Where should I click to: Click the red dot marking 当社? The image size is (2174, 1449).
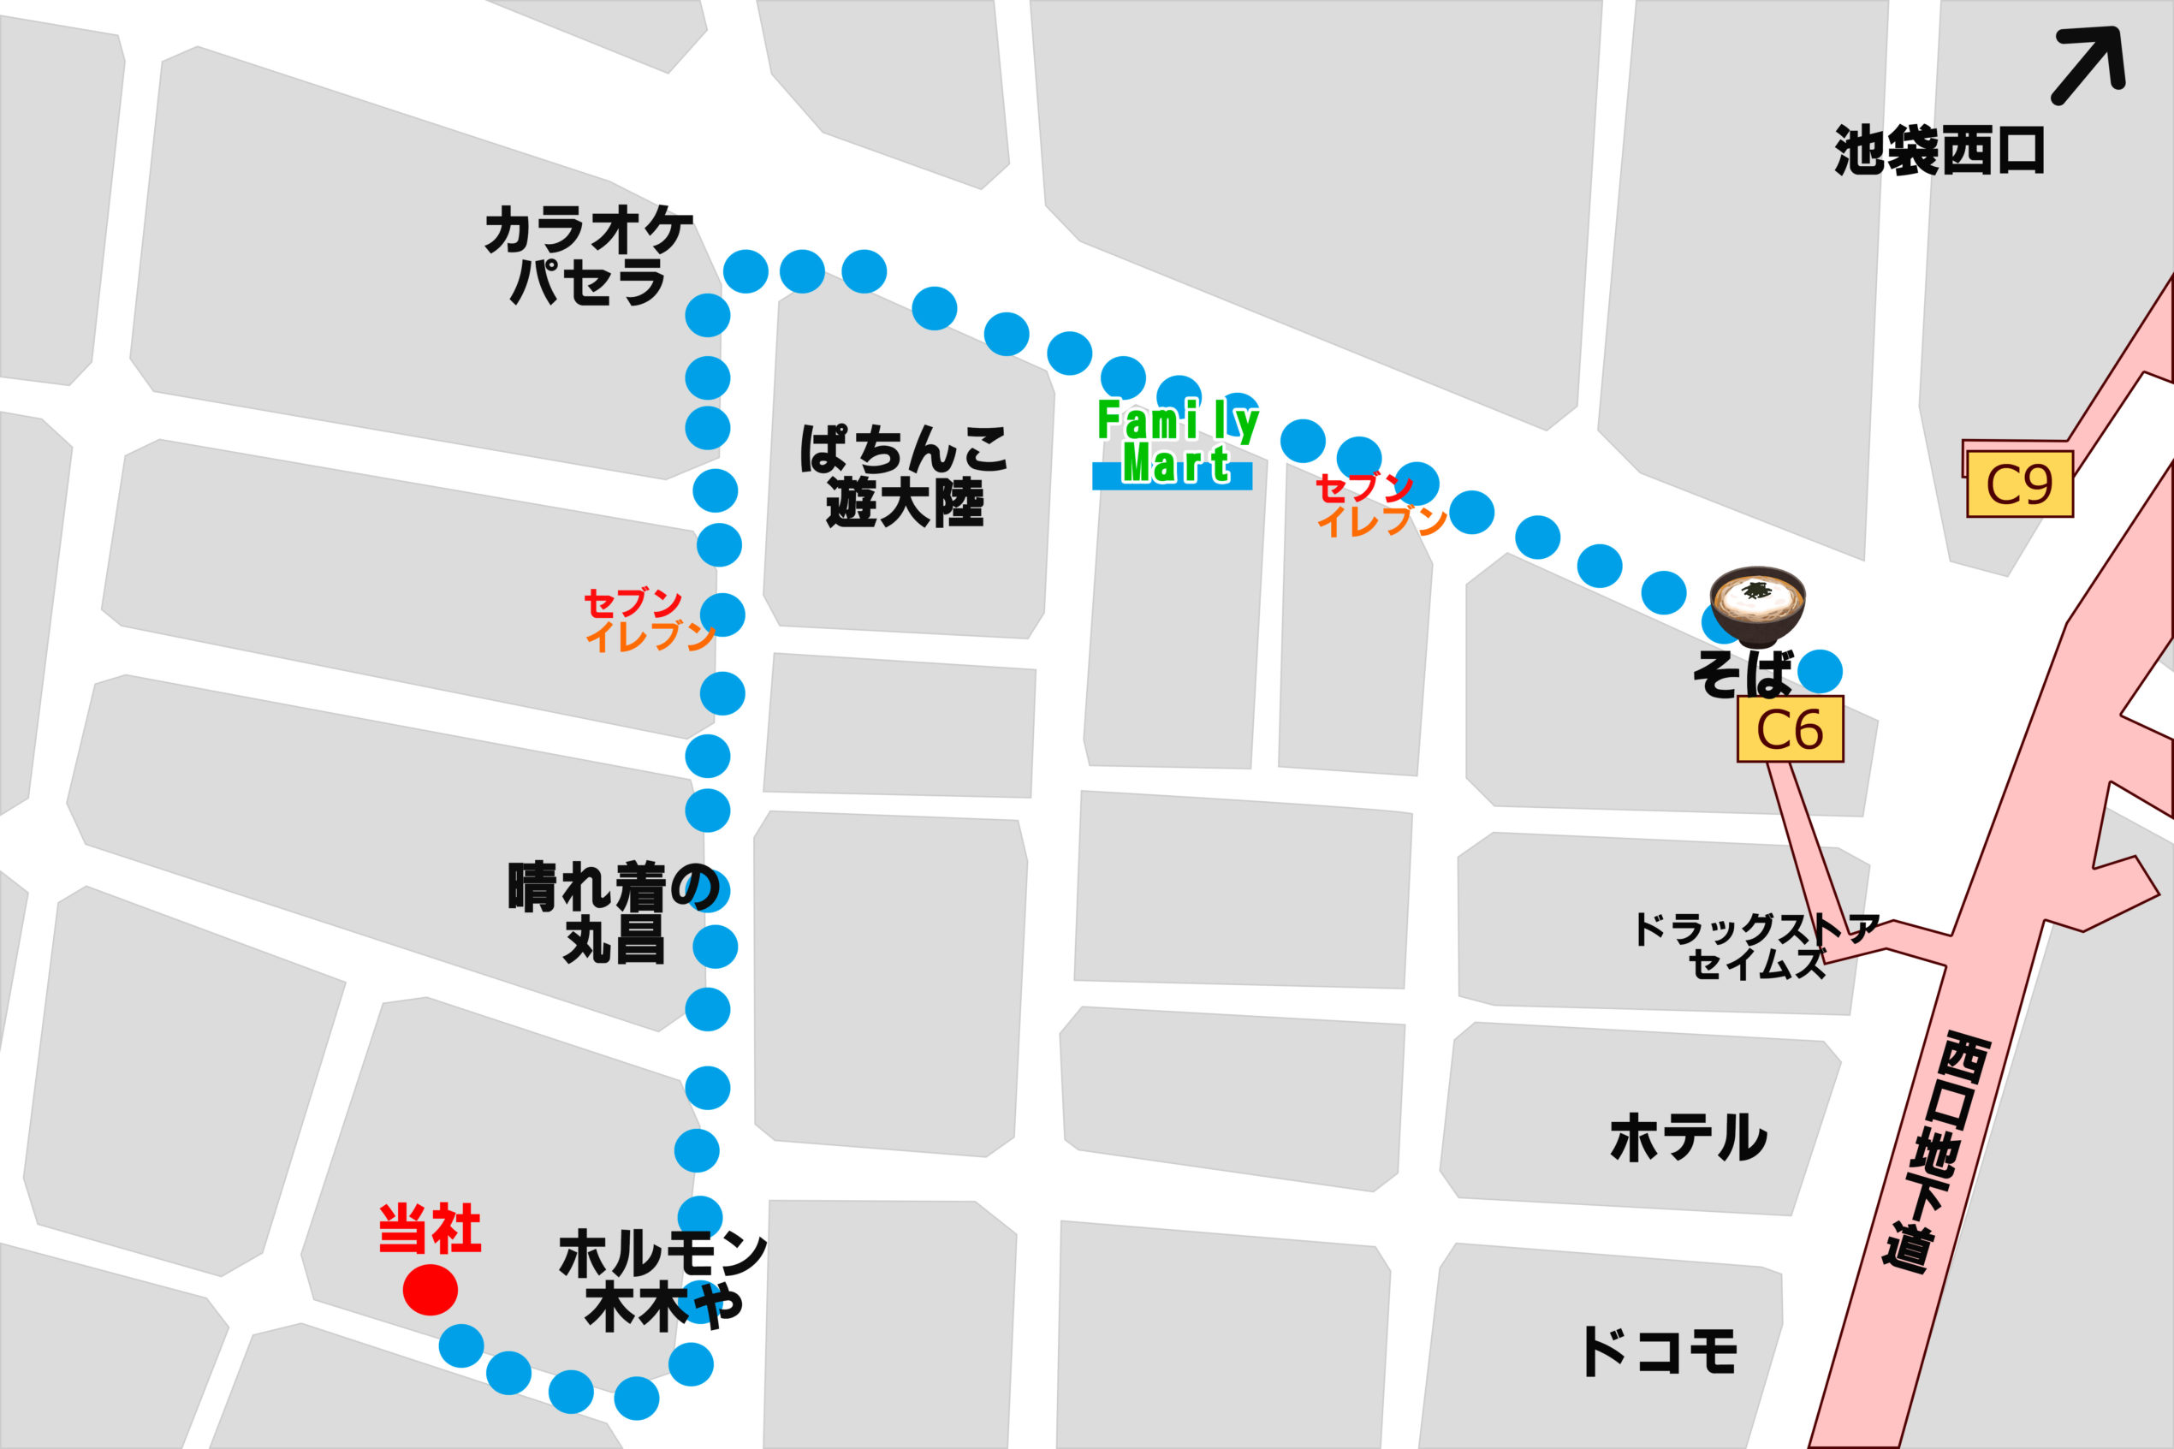[x=431, y=1289]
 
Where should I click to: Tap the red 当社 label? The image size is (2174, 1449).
[x=430, y=1229]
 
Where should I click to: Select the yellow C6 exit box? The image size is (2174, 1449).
[x=1790, y=729]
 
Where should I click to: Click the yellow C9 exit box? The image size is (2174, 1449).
[x=2020, y=484]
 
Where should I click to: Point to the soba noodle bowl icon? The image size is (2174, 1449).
[x=1757, y=605]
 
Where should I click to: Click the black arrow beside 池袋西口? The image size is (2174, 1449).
[x=2089, y=64]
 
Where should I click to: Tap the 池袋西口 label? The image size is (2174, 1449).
[x=1939, y=151]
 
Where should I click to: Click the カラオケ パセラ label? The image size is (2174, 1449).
[x=589, y=256]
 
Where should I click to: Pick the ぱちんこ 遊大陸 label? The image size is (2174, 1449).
[x=904, y=476]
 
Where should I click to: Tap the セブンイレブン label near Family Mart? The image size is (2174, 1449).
[x=1380, y=505]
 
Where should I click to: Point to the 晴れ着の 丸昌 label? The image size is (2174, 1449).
[x=614, y=913]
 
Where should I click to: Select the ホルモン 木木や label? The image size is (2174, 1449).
[x=662, y=1280]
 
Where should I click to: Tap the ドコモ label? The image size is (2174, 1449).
[x=1660, y=1352]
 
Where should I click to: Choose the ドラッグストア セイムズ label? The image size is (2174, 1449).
[x=1755, y=947]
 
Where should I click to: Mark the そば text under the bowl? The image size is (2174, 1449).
[x=1743, y=674]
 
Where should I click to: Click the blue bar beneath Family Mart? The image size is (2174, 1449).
[x=1172, y=477]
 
